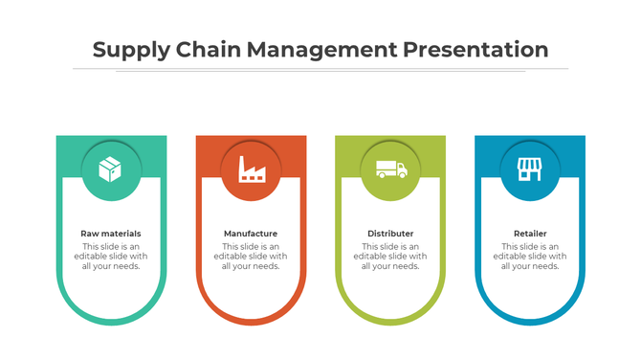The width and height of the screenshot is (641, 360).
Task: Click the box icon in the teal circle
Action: pos(111,170)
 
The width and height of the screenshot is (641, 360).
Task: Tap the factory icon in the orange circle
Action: pos(251,170)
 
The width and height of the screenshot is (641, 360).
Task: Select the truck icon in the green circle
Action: pos(390,169)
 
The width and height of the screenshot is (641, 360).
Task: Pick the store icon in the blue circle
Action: pos(530,170)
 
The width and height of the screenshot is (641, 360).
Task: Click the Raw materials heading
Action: pos(111,234)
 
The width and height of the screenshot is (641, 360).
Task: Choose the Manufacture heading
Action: pos(251,234)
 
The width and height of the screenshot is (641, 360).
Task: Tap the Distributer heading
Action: pos(390,234)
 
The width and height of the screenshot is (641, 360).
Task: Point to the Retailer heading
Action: pos(530,234)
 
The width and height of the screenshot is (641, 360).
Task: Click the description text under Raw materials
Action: pos(111,256)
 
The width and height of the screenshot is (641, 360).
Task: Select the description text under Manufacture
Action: pos(251,256)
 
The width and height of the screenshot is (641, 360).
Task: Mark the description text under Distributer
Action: pos(390,256)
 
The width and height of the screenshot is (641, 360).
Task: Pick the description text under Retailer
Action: pos(530,256)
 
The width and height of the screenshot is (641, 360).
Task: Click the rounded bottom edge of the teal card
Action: pos(111,323)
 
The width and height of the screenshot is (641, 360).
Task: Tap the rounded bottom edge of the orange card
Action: pos(251,323)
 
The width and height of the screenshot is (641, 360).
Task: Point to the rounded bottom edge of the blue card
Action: pos(530,323)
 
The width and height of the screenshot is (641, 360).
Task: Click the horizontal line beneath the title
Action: pos(320,69)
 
